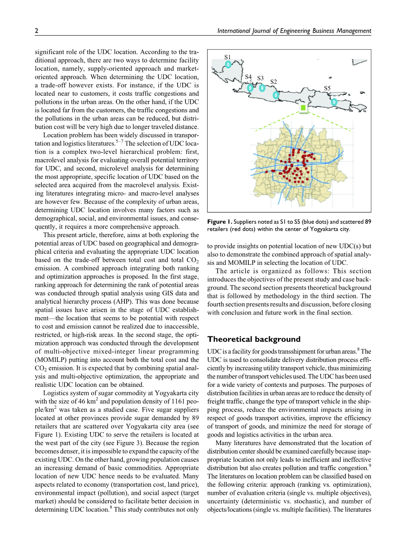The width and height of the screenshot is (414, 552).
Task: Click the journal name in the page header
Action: coord(294,31)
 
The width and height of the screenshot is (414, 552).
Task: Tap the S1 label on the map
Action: coord(227,57)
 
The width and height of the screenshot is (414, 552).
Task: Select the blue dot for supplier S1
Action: coord(228,64)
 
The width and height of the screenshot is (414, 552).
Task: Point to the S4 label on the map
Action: coord(248,77)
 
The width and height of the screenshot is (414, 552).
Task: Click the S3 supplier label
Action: coord(260,78)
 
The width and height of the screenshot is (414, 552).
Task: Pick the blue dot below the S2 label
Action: coord(276,95)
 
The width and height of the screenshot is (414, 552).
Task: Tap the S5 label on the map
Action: coord(327,88)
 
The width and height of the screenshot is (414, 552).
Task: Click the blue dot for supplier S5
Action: coord(334,102)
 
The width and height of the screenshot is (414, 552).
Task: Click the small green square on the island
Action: coord(304,109)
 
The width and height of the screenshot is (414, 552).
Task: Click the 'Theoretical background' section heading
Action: coord(254,339)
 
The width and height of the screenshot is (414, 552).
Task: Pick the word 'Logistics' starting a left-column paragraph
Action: coord(56,393)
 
